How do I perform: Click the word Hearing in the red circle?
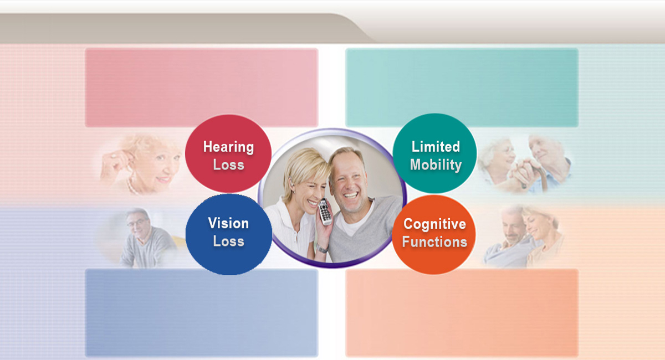click(x=228, y=147)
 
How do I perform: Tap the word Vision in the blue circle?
click(x=228, y=223)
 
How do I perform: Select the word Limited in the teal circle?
click(x=436, y=146)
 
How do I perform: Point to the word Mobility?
click(x=436, y=164)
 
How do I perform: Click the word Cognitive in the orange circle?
click(x=434, y=224)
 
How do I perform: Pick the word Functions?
click(x=434, y=241)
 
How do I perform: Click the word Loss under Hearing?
click(x=228, y=164)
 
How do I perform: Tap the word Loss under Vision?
click(x=228, y=241)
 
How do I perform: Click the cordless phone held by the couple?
click(x=325, y=212)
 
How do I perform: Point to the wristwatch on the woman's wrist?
click(x=322, y=249)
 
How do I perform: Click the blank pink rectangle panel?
click(x=202, y=88)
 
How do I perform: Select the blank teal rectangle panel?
click(x=462, y=88)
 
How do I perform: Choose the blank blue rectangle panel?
click(x=202, y=312)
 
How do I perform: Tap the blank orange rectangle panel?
click(x=462, y=312)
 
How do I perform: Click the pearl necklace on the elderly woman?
click(x=131, y=186)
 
